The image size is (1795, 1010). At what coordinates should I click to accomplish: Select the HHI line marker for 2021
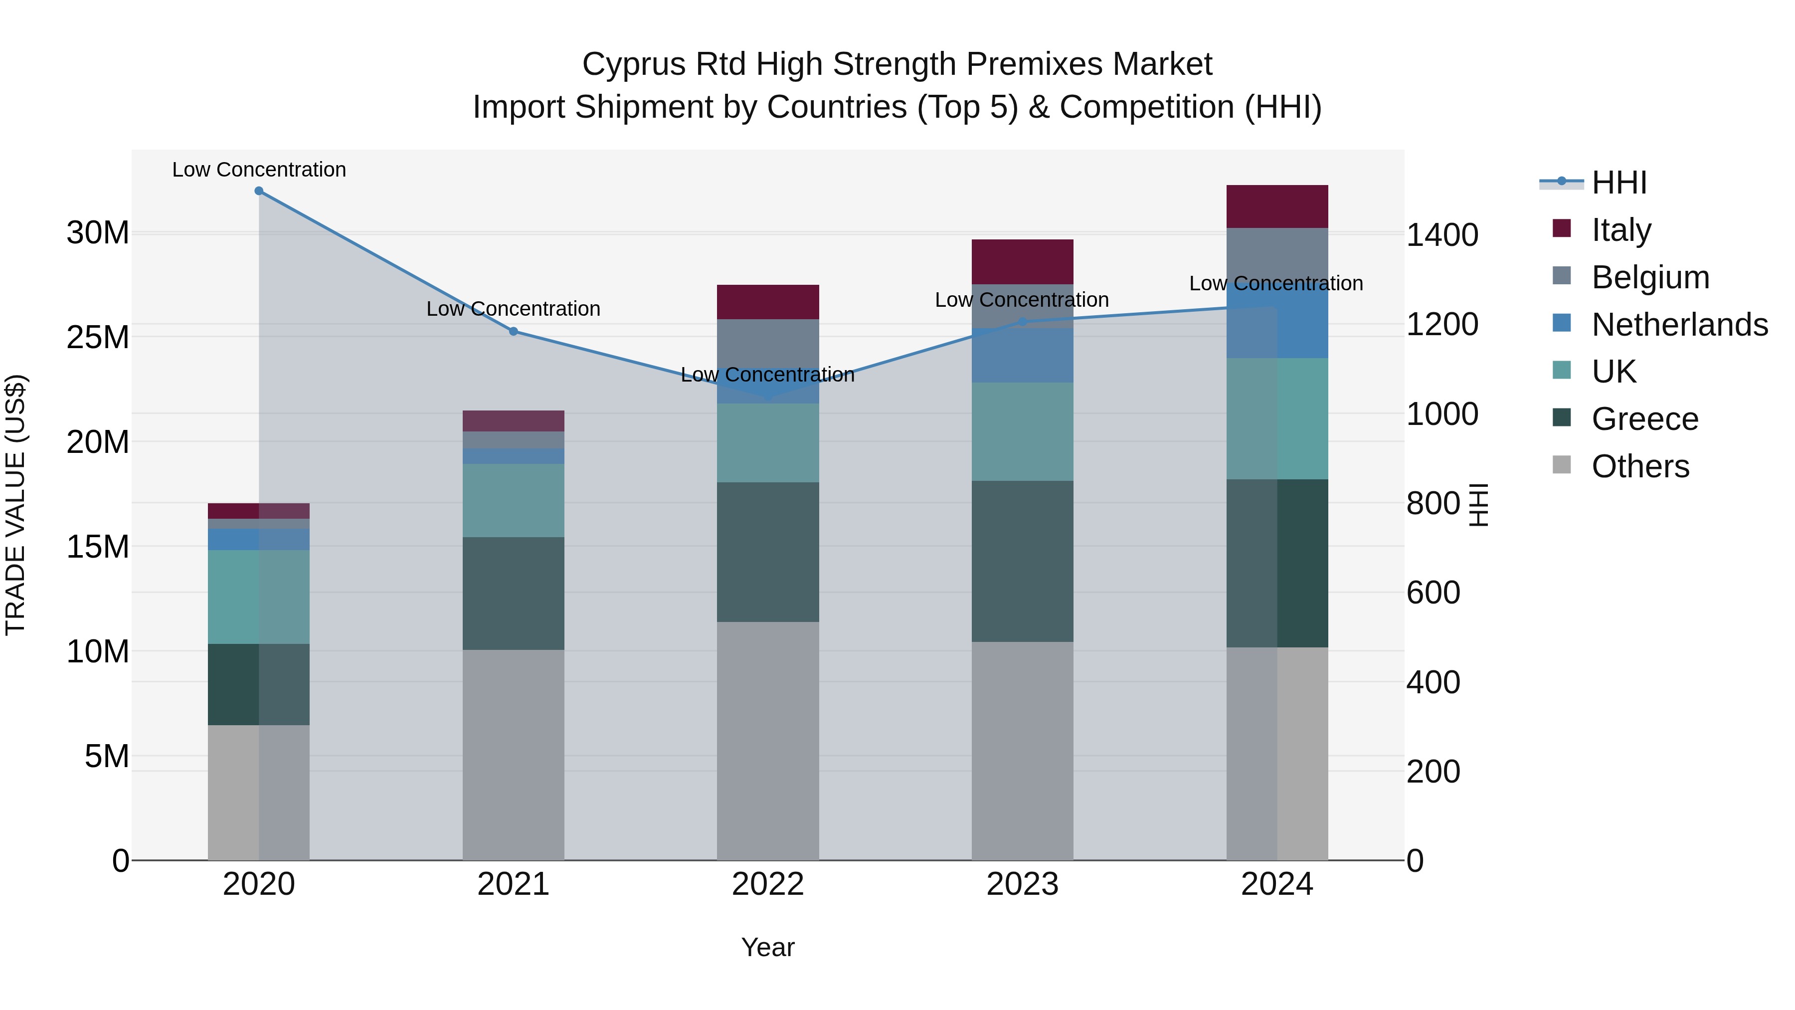(514, 331)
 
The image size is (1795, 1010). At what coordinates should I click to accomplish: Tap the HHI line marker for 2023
(1022, 322)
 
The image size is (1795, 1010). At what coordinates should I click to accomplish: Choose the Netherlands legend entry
(1679, 324)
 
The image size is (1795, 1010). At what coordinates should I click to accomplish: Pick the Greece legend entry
(1644, 419)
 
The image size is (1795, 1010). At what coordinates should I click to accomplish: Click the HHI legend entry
(1618, 183)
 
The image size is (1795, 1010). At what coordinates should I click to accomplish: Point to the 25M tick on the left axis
(98, 337)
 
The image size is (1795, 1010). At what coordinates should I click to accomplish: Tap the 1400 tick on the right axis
(1441, 235)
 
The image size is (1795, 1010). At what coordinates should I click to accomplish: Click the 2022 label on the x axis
(768, 884)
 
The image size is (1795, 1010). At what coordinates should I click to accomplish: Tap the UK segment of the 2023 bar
(1022, 431)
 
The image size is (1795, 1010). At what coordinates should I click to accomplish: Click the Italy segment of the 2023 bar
(1022, 261)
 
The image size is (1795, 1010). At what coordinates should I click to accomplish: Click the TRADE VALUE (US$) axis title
(15, 505)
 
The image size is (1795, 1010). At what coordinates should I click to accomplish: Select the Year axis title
(768, 947)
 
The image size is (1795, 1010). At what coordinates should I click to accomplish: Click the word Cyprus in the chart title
(626, 64)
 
